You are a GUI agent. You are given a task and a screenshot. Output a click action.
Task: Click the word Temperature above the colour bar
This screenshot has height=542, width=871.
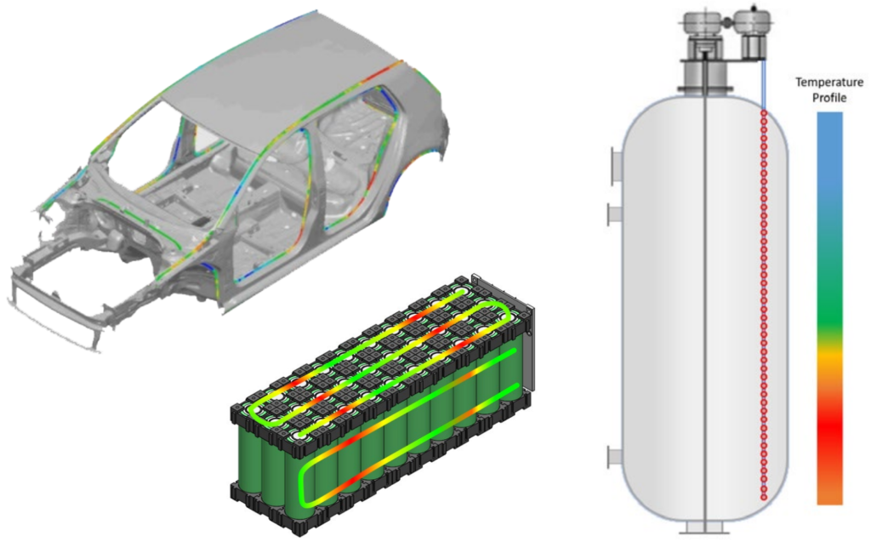828,83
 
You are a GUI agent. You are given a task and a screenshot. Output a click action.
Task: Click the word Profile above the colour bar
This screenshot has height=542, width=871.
829,98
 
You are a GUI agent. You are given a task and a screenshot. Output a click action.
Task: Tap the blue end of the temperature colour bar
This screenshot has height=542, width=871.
829,119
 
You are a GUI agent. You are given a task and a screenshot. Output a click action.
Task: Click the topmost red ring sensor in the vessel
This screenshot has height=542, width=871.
764,114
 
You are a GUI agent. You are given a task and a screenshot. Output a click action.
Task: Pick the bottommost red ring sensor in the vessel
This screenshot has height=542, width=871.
764,495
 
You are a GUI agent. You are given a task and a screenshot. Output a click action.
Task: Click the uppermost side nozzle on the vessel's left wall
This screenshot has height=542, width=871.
616,165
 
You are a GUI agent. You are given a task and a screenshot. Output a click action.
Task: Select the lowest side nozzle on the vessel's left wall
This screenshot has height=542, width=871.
614,457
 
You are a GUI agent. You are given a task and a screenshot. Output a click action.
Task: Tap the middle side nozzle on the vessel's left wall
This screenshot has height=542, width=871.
614,214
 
